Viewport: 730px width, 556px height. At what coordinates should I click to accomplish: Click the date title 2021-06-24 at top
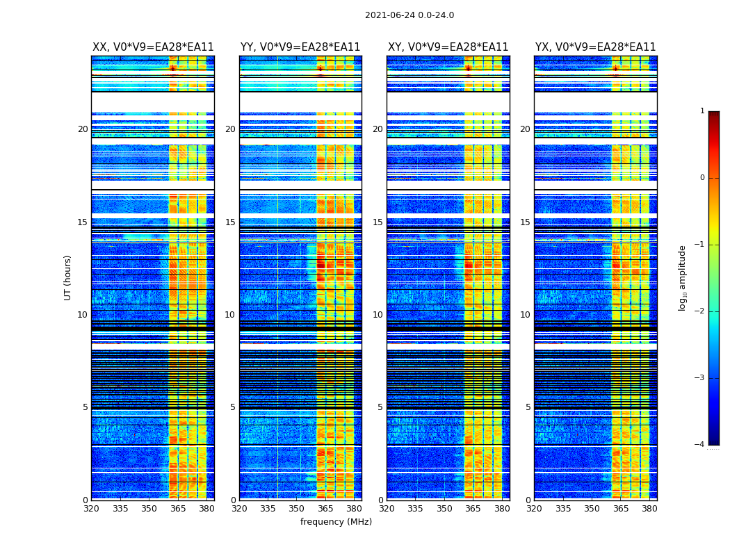click(409, 15)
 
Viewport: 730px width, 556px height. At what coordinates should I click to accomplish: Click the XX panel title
click(153, 47)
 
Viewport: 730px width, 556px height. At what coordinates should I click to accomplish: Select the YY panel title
click(300, 47)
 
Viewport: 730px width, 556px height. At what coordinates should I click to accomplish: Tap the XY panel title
click(448, 47)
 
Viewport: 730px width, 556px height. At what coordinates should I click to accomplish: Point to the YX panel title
click(595, 47)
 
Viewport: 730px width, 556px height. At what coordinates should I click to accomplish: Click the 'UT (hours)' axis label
click(68, 277)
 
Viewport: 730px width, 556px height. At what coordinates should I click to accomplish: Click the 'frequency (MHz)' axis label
click(336, 522)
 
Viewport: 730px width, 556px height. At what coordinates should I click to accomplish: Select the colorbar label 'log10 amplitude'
click(683, 277)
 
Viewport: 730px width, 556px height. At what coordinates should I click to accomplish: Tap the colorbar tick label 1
click(702, 111)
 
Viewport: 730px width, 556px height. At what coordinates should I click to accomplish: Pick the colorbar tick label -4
click(700, 445)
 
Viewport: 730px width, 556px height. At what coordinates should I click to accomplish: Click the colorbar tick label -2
click(700, 311)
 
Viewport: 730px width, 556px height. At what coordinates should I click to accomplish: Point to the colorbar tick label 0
click(702, 178)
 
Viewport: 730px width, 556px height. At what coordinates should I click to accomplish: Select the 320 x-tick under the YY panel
click(239, 509)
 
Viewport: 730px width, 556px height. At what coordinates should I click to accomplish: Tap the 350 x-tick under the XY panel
click(444, 509)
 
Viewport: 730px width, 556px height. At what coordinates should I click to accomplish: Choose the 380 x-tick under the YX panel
click(649, 509)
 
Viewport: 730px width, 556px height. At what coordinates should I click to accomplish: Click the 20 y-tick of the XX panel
click(83, 129)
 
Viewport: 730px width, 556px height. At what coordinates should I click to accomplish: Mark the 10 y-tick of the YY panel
click(230, 315)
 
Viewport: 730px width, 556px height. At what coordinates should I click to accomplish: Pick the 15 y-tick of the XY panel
click(378, 222)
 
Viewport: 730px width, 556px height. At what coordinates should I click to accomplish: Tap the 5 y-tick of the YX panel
click(528, 407)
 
